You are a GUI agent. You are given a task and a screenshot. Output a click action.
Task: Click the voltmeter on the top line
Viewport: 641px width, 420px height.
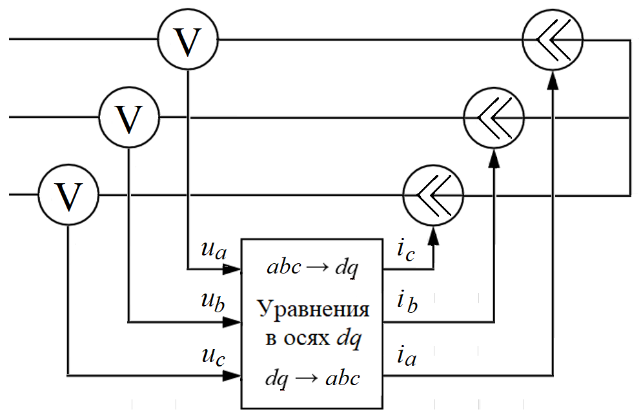pos(188,40)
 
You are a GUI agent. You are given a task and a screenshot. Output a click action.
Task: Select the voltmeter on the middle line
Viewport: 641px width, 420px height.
pos(129,117)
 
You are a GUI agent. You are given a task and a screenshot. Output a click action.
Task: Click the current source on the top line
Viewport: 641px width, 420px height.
pos(553,40)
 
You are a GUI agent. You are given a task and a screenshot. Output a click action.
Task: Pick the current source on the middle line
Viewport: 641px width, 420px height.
pos(494,117)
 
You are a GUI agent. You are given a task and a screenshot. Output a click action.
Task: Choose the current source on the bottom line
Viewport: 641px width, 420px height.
pos(433,194)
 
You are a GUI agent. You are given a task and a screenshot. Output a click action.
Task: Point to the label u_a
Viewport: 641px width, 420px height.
pos(214,250)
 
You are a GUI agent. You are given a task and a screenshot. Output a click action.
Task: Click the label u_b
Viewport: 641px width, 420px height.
pos(214,301)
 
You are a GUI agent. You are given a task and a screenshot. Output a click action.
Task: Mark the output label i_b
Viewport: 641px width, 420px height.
pos(407,302)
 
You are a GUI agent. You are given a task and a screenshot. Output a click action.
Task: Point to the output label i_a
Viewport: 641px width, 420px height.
pos(406,356)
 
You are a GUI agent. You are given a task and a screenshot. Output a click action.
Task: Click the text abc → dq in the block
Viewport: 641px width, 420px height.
pos(314,267)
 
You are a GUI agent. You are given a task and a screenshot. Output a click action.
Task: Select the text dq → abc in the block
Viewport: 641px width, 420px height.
pos(312,378)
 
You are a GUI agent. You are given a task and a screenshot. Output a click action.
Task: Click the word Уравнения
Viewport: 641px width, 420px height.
pos(314,310)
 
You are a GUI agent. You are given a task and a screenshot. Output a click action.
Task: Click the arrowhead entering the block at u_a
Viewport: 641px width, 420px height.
pos(234,268)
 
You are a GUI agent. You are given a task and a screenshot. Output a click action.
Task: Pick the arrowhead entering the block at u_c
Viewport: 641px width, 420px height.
pos(234,375)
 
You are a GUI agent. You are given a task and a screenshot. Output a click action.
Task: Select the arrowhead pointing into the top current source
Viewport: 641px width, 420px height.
pos(553,79)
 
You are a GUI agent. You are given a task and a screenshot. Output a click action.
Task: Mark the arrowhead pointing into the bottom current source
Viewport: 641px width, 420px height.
pos(433,234)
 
